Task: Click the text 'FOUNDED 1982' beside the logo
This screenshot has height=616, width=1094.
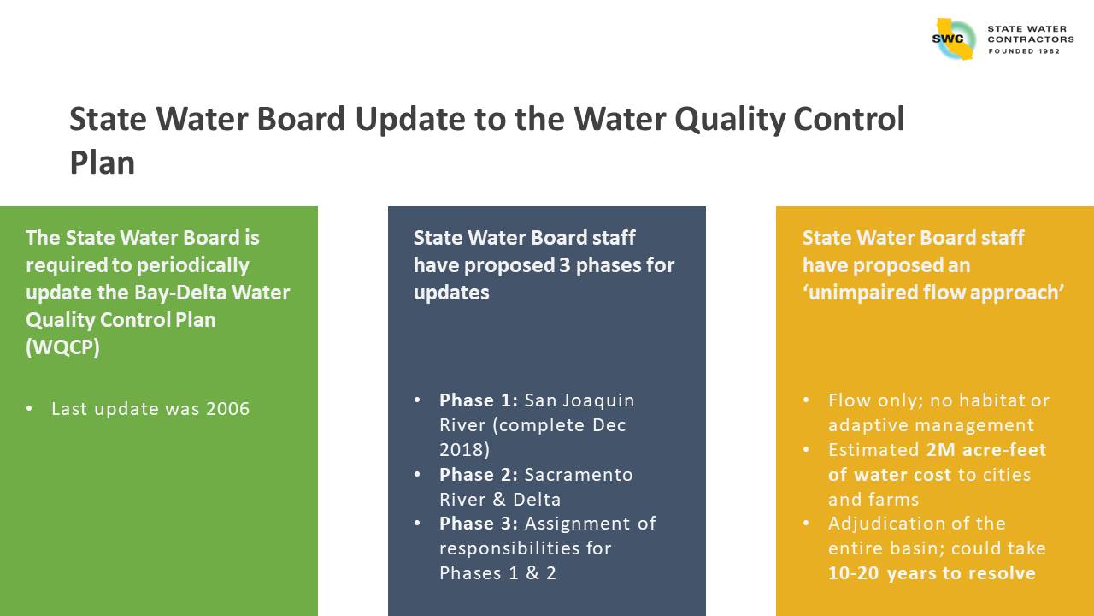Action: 1024,51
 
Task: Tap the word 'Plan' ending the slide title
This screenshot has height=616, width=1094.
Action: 102,163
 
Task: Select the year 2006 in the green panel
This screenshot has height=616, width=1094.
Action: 228,409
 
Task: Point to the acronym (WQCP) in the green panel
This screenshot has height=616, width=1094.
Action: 62,347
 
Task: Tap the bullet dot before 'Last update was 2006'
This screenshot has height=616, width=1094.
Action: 29,408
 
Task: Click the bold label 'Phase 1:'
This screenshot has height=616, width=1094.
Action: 479,400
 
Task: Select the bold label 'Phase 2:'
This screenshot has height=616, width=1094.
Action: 479,475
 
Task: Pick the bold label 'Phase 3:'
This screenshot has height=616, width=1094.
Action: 479,524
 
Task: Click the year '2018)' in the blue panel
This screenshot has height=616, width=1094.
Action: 464,450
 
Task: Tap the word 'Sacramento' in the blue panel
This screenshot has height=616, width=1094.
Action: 579,475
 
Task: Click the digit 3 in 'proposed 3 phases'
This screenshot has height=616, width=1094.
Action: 565,265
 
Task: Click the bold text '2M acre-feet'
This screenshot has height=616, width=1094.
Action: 986,450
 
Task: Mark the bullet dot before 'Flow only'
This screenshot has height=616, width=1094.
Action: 806,400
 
